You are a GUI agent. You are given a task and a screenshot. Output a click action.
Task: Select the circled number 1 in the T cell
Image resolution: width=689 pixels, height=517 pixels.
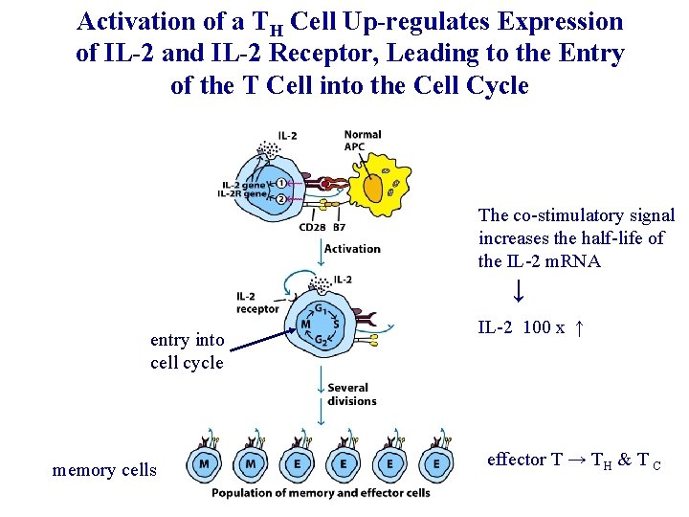[x=281, y=183]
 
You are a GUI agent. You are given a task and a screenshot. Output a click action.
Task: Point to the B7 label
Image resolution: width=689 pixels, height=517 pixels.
[x=338, y=228]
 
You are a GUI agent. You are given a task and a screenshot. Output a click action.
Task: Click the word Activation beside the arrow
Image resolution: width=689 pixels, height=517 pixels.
[x=352, y=249]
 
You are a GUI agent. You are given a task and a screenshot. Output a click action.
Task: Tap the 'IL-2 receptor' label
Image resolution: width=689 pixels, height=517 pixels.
[x=257, y=302]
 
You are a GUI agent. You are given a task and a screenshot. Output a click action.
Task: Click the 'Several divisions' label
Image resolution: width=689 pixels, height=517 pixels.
[x=351, y=394]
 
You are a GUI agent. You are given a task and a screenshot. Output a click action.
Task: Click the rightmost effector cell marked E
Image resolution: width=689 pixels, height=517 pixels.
[x=436, y=463]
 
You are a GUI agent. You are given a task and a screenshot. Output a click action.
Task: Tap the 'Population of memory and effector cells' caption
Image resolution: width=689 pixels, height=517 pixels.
[x=321, y=494]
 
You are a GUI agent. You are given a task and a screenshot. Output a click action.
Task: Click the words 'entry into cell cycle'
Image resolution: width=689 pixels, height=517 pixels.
[x=187, y=351]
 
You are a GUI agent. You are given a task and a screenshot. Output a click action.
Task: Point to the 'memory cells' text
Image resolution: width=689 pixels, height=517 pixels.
[x=104, y=470]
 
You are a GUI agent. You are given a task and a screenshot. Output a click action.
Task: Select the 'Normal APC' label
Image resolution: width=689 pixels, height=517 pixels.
[x=362, y=141]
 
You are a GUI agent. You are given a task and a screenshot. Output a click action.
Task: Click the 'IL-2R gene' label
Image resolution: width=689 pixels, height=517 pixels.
[x=242, y=194]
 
